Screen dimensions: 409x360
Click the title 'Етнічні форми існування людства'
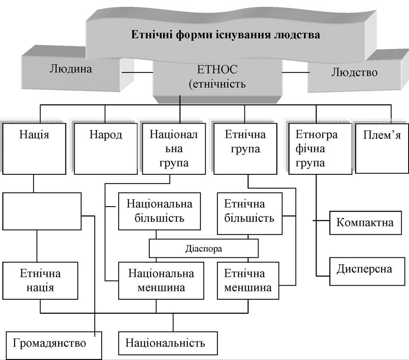(226, 35)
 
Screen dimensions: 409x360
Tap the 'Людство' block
(355, 73)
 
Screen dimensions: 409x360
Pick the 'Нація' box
(34, 149)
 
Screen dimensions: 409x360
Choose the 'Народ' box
(106, 149)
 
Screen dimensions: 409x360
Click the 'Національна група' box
(174, 149)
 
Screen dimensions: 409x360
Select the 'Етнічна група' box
(245, 149)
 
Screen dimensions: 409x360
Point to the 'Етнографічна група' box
(320, 149)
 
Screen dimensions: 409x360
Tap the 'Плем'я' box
(382, 148)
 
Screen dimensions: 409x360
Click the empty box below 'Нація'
(42, 211)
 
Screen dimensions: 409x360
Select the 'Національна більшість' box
(160, 211)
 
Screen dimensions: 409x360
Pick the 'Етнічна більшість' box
(250, 214)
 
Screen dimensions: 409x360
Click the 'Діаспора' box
(204, 248)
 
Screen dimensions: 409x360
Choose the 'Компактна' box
(365, 223)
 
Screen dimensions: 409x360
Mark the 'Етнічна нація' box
(40, 280)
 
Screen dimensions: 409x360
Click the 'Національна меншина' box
(161, 280)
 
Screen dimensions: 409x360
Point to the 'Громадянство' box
(54, 346)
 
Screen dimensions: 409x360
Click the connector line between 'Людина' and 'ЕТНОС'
(137, 73)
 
